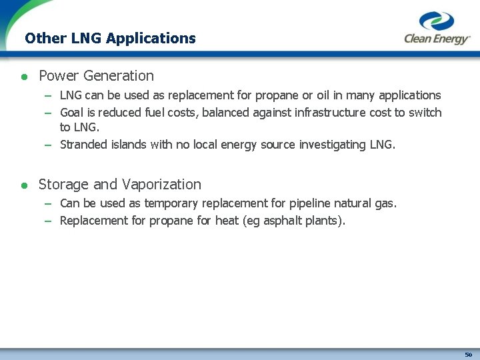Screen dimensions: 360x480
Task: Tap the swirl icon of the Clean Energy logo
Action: point(437,21)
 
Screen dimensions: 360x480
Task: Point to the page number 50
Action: point(469,354)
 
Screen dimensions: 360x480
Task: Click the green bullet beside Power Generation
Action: point(24,77)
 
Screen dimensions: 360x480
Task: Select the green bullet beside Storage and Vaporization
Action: point(24,185)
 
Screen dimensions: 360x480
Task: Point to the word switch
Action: point(425,113)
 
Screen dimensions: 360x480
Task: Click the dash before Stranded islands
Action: point(49,145)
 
